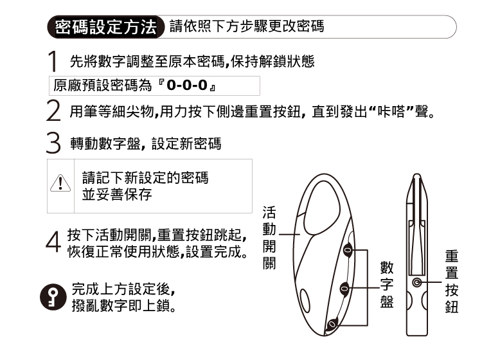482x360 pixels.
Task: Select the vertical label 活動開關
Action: pyautogui.click(x=270, y=237)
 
